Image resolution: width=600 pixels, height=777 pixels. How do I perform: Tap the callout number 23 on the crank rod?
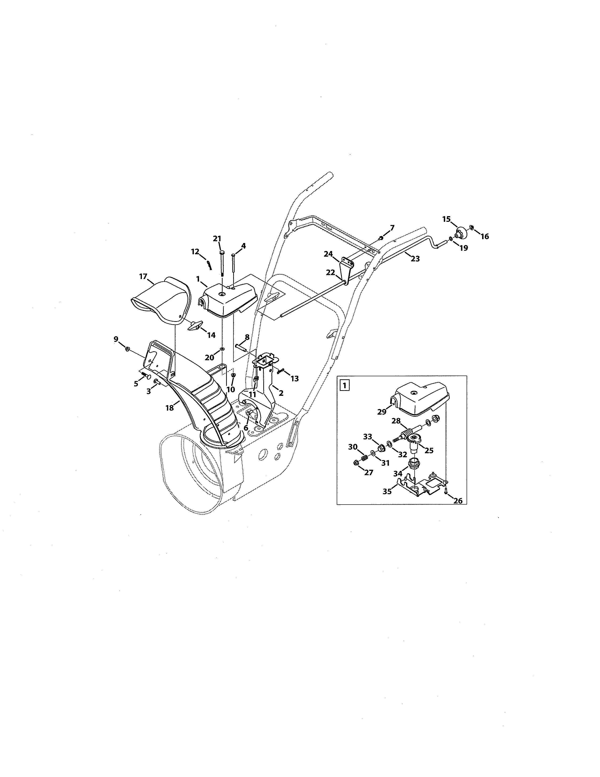415,259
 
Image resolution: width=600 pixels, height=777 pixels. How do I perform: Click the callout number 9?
116,339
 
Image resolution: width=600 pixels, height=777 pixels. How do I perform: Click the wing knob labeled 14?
195,325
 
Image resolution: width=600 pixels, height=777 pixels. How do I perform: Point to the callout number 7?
392,227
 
